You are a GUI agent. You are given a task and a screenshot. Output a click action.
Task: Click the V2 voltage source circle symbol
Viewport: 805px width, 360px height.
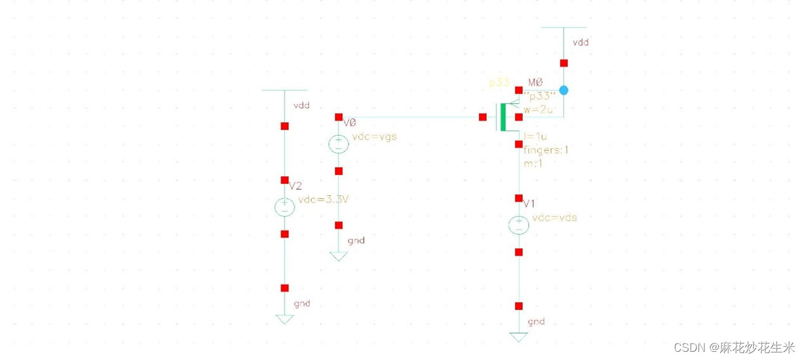coord(285,207)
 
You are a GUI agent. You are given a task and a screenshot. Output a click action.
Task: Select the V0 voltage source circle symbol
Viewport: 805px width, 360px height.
coord(338,144)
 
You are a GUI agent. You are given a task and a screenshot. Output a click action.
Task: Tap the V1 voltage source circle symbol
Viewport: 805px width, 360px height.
coord(518,224)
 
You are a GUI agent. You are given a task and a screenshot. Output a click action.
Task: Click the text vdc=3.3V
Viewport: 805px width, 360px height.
coord(323,200)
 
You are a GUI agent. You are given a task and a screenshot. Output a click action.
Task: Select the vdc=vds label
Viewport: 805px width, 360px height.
coord(555,217)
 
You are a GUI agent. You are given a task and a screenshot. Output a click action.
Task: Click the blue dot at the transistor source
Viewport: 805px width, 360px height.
coord(563,90)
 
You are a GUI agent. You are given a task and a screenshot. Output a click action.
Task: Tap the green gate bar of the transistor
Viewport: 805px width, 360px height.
coord(503,117)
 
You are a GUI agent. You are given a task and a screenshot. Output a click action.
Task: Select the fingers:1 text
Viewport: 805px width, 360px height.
coord(546,150)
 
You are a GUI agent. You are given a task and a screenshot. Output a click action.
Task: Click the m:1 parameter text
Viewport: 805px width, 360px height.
coord(533,164)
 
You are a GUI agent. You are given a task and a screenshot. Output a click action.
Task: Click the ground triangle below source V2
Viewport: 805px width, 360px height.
coord(285,319)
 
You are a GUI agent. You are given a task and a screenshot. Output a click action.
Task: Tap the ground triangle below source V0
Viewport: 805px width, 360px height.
coord(338,256)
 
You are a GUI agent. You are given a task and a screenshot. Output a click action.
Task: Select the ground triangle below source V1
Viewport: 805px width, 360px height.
coord(518,337)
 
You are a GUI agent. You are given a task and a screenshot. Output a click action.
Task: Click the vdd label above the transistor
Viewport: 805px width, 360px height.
coord(581,42)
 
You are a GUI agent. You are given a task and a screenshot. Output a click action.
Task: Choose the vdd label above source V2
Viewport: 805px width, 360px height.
coord(302,106)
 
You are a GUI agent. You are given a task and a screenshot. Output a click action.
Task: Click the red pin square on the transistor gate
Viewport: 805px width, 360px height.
coord(482,117)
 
